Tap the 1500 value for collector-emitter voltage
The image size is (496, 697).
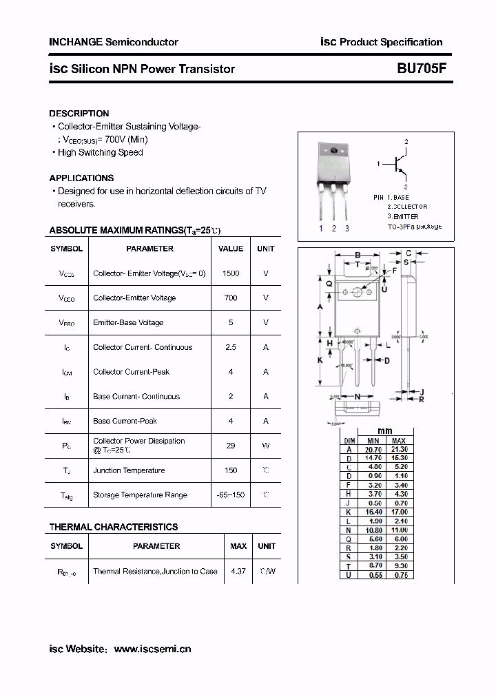pos(231,273)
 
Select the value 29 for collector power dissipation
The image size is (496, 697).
pos(231,446)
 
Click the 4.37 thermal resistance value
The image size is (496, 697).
pos(238,571)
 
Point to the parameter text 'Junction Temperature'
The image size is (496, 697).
pos(129,470)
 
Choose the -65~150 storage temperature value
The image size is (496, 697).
pos(231,495)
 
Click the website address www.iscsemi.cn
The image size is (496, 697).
pos(152,649)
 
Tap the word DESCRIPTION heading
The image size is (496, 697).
pos(79,113)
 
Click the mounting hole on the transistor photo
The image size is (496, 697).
pos(333,151)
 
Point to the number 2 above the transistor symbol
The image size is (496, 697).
pos(406,142)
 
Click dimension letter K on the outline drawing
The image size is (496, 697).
pos(320,360)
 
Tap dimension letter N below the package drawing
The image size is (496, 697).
pos(358,397)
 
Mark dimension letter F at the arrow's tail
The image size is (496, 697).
pos(394,271)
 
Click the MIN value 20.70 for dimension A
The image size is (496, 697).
pos(373,449)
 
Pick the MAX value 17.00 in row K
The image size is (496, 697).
pos(399,512)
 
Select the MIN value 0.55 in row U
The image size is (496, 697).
pos(373,574)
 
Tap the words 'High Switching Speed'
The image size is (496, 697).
pos(100,152)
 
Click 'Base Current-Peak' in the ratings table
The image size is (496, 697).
pos(125,421)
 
